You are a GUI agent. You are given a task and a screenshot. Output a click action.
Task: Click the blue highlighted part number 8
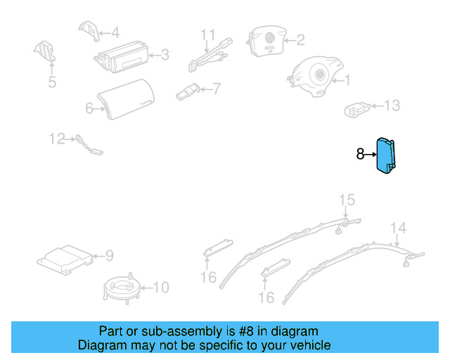386,156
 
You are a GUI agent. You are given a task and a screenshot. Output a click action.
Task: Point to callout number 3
165,54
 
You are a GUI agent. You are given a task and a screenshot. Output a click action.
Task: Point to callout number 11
207,34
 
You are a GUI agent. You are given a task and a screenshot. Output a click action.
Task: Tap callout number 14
399,227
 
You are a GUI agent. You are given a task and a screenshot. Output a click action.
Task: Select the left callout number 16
208,278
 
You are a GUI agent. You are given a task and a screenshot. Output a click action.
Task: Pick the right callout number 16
266,298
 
